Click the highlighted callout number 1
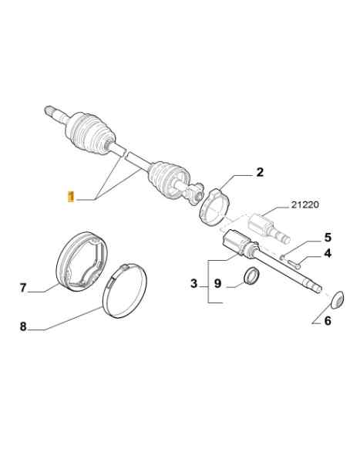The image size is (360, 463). pos(71,197)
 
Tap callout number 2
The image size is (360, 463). pos(260,172)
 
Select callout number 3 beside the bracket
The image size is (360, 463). pos(193,283)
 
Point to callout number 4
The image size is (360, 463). pos(328,253)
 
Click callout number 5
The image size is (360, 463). pos(328,238)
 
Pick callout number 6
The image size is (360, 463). pos(328,321)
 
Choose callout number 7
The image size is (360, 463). pos(23,287)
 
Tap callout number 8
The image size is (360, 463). pos(23,326)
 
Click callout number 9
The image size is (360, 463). pos(217,283)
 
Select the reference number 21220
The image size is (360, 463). pos(304,204)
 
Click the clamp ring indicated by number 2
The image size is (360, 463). pos(214,208)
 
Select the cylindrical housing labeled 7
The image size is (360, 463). pos(82,262)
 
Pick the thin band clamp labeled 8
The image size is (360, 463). pos(125,291)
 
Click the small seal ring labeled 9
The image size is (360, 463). pos(252,276)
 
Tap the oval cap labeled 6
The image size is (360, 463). pos(337,299)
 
